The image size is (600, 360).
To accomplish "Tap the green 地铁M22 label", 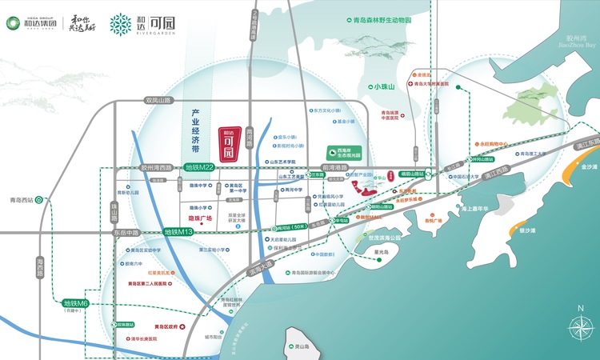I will pos(200,167).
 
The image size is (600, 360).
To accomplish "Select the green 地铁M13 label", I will pos(179,231).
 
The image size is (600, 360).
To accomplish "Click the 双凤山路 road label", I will pos(158,100).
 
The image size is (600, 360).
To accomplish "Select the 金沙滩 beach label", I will pos(589,166).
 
